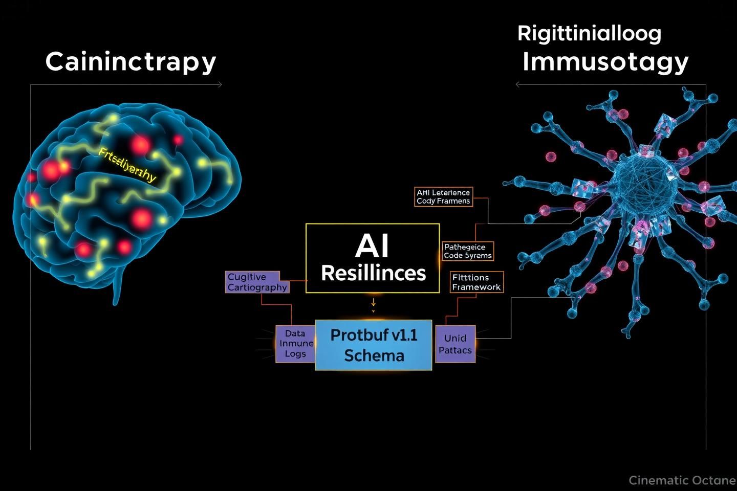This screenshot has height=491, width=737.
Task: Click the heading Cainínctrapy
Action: pyautogui.click(x=131, y=62)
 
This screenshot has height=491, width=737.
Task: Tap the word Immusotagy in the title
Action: pyautogui.click(x=605, y=62)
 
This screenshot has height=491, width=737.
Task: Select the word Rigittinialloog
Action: pyautogui.click(x=589, y=34)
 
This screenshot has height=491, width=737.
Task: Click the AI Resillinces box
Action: pyautogui.click(x=373, y=258)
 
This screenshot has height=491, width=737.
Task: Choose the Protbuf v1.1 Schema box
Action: pyautogui.click(x=374, y=345)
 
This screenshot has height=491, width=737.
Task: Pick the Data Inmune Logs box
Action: pyautogui.click(x=295, y=344)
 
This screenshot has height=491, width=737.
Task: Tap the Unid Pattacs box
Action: pyautogui.click(x=455, y=344)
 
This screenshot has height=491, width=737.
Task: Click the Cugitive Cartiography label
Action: pyautogui.click(x=257, y=282)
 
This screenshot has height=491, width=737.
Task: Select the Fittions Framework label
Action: pyautogui.click(x=476, y=282)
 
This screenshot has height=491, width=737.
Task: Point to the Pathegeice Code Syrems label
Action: pyautogui.click(x=467, y=251)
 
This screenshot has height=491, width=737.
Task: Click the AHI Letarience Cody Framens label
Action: pyautogui.click(x=443, y=197)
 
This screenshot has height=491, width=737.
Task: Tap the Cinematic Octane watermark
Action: pyautogui.click(x=682, y=480)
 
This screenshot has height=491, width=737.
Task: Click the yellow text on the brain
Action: pyautogui.click(x=127, y=165)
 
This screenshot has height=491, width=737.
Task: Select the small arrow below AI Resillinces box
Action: pyautogui.click(x=373, y=303)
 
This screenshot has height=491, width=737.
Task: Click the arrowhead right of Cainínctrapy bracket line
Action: pyautogui.click(x=220, y=84)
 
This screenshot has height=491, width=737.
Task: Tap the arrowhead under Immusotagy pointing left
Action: pyautogui.click(x=517, y=84)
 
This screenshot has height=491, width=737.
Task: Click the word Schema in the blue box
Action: pyautogui.click(x=374, y=355)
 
